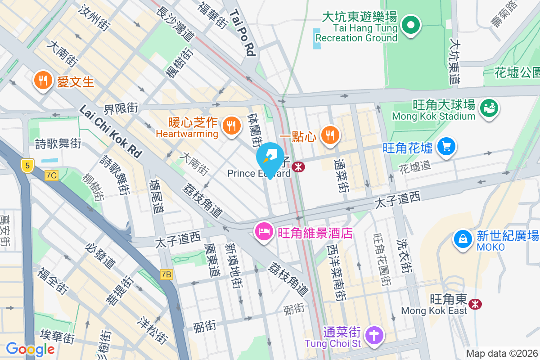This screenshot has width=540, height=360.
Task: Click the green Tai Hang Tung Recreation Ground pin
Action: [x=410, y=25]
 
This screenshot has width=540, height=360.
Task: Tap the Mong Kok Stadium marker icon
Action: [x=489, y=108]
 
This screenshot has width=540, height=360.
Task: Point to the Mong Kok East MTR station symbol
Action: [x=475, y=304]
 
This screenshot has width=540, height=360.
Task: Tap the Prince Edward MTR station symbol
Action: [x=298, y=167]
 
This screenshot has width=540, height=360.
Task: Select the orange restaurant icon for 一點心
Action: [x=330, y=134]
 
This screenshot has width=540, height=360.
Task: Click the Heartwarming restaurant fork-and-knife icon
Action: [x=232, y=126]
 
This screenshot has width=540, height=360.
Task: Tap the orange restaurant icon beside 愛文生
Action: [x=43, y=80]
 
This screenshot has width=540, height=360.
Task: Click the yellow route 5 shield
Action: [x=28, y=166]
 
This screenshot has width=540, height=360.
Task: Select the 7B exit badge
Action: [x=166, y=274]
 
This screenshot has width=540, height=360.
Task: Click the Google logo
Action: [x=30, y=349]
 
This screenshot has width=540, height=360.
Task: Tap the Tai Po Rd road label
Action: [x=243, y=34]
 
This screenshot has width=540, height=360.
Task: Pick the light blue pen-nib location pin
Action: [x=270, y=157]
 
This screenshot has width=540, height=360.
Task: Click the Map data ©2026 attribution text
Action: [x=502, y=354]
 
